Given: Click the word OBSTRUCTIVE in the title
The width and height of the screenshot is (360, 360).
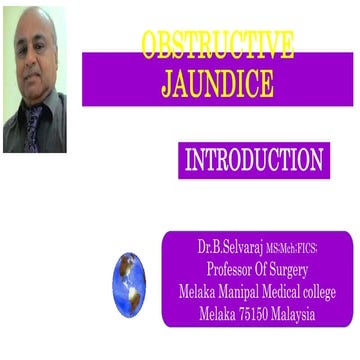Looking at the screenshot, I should click(217, 46).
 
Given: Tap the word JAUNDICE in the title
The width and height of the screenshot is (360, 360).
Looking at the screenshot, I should click(217, 85).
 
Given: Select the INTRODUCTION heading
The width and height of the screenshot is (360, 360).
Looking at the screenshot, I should click(254, 160).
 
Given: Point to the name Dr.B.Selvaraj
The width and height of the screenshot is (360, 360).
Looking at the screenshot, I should click(230, 246).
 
